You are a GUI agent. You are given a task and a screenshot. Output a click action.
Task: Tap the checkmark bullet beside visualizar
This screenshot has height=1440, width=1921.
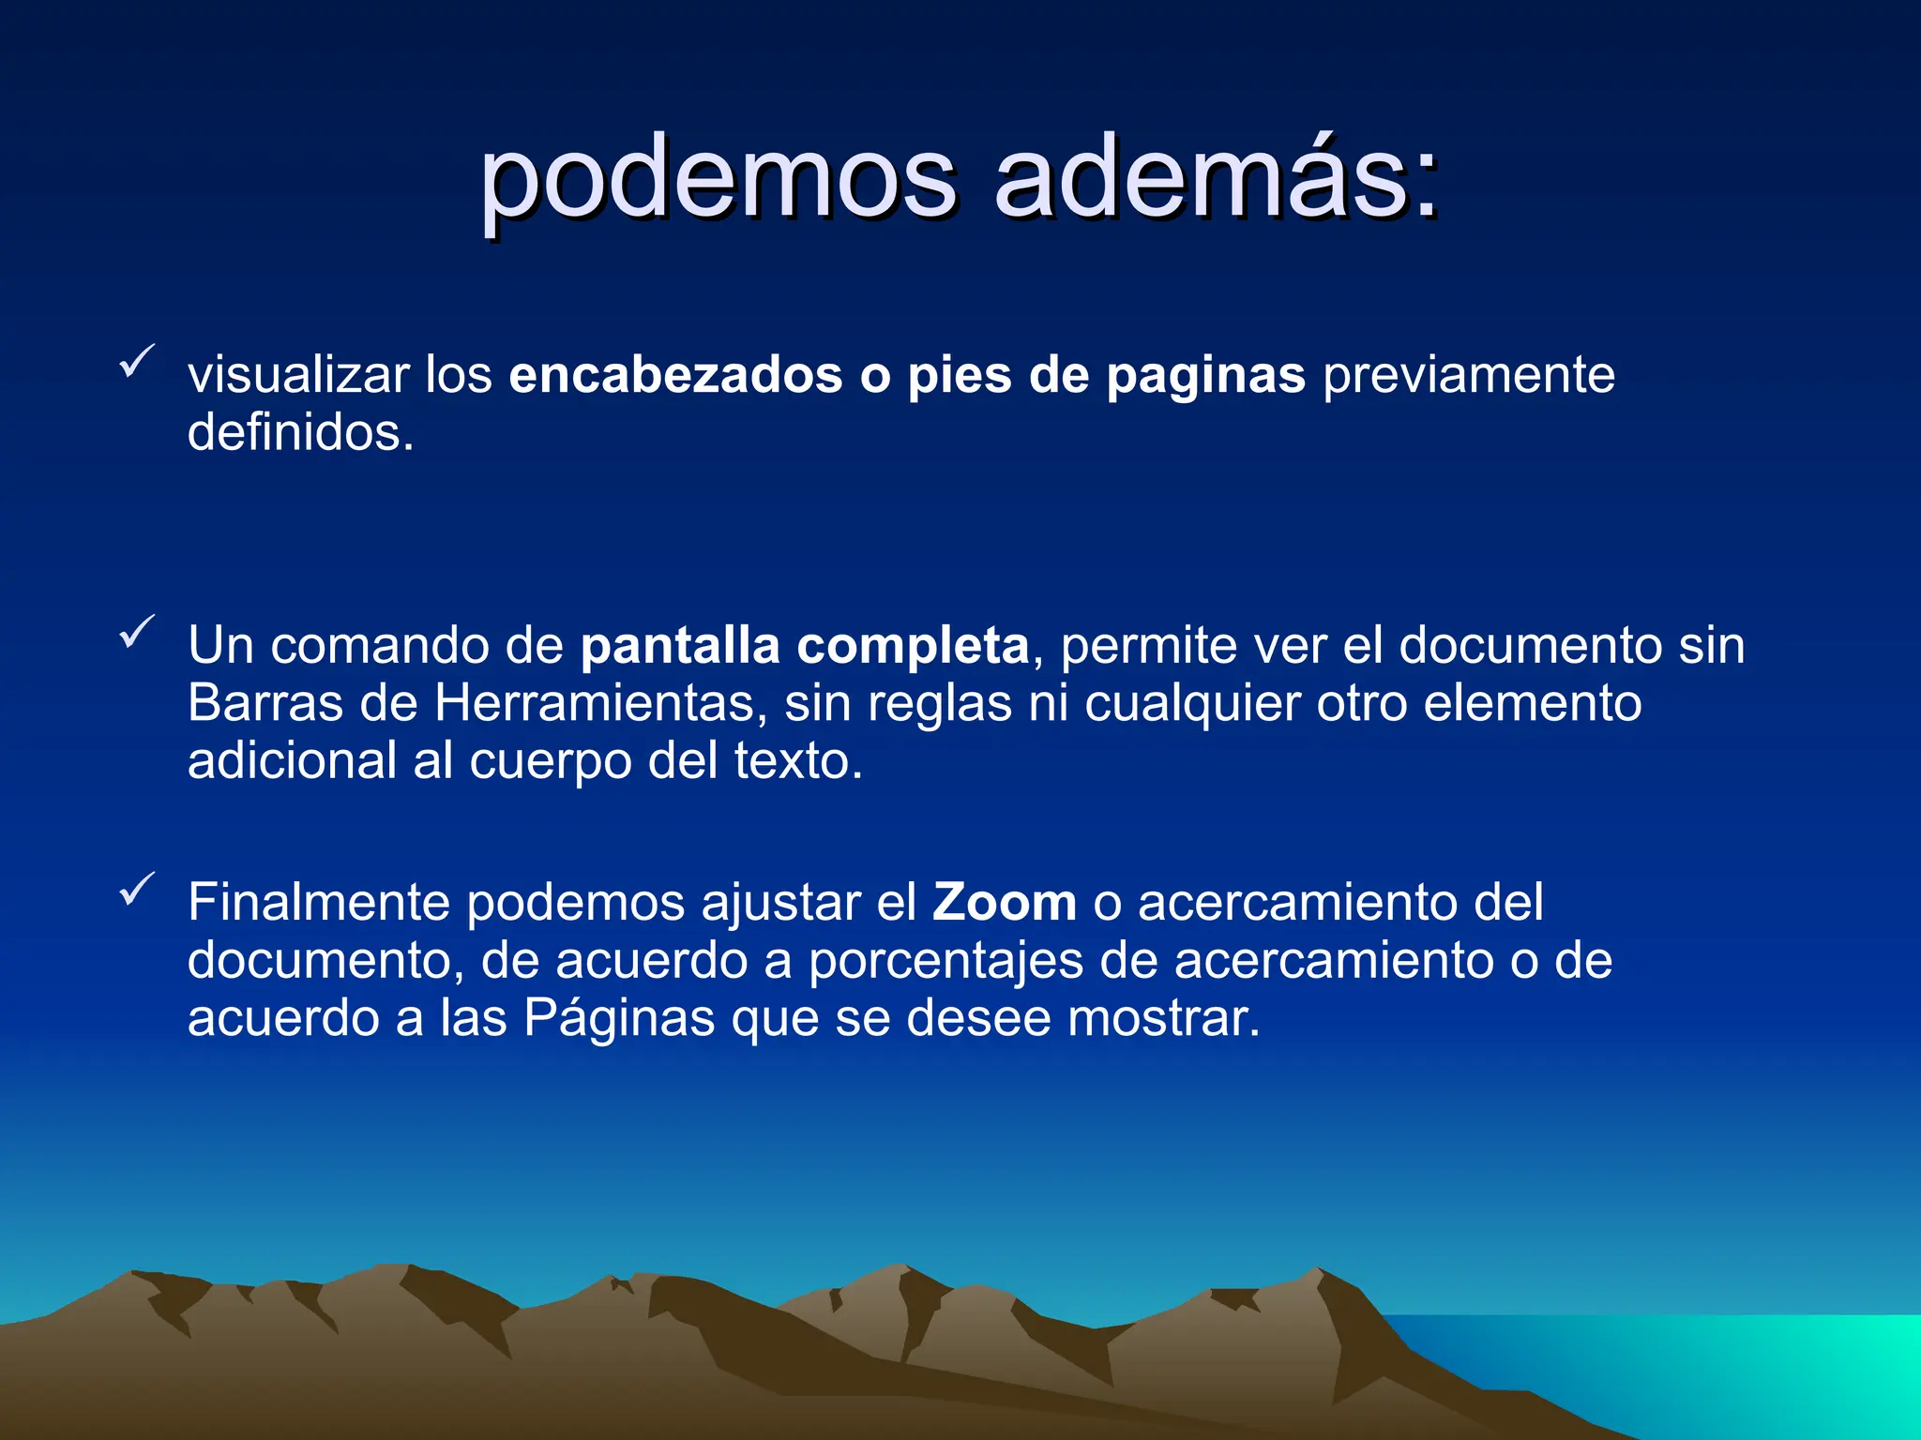tap(137, 362)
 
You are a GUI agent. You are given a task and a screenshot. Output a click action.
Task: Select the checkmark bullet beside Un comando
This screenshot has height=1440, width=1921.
tap(137, 633)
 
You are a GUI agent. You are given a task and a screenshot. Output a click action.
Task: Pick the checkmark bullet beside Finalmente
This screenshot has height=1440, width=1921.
tap(137, 890)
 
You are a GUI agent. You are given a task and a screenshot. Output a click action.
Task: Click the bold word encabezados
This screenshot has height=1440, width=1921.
tap(675, 375)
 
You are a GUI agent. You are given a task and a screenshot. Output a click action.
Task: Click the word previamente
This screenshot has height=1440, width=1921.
tap(1469, 375)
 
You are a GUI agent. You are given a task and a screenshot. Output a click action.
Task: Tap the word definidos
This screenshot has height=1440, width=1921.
tap(300, 432)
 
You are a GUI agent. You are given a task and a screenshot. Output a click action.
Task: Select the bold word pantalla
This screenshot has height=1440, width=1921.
tap(680, 646)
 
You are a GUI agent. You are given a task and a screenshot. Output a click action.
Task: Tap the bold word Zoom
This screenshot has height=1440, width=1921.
tap(1005, 903)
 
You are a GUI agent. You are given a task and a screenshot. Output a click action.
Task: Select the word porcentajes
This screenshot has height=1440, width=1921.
tap(945, 962)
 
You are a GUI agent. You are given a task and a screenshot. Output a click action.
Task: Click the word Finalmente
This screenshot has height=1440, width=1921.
tap(319, 903)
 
